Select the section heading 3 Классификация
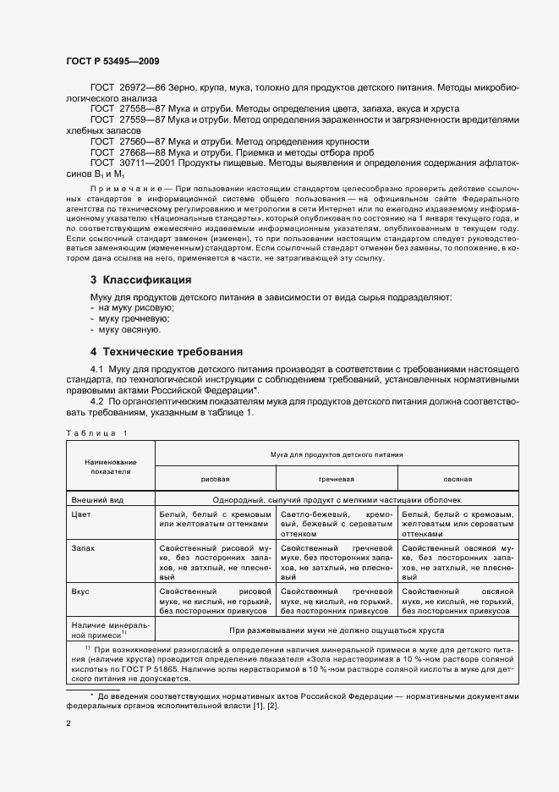(x=140, y=279)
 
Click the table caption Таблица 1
(x=96, y=433)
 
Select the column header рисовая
(x=216, y=478)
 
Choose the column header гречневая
(x=337, y=478)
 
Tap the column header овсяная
(x=458, y=478)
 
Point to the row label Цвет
(x=81, y=514)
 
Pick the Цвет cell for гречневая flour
(x=337, y=524)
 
